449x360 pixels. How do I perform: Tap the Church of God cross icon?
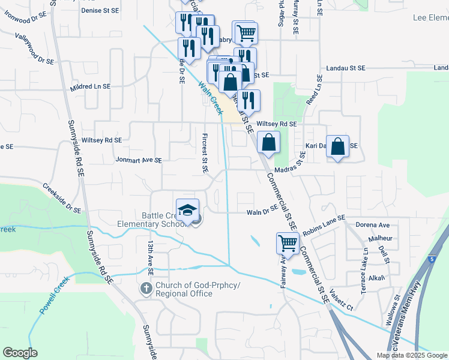(146, 289)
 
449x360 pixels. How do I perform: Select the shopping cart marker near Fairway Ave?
(288, 244)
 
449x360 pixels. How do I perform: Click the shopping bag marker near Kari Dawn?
(338, 146)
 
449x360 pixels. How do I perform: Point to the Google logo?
(20, 353)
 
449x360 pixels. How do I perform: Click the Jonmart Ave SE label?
(139, 160)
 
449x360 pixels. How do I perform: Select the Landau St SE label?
(345, 69)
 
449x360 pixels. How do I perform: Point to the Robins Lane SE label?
(324, 225)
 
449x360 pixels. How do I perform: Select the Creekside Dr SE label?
(62, 197)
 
